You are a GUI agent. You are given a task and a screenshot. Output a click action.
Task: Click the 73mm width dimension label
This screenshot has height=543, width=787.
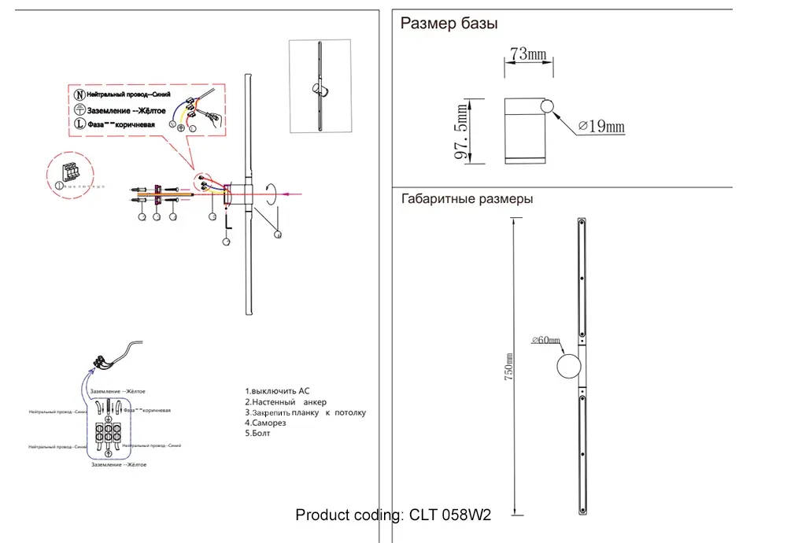click(528, 54)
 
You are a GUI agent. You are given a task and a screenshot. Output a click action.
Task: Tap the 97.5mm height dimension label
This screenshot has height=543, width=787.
click(463, 131)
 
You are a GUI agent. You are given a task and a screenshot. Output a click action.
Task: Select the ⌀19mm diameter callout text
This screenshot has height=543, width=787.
click(600, 127)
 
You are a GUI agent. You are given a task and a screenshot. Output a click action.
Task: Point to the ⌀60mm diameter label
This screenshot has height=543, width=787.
click(545, 340)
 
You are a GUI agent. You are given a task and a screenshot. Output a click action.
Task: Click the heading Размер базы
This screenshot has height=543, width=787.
click(449, 24)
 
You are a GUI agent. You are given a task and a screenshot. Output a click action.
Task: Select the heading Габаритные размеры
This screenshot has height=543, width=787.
click(467, 199)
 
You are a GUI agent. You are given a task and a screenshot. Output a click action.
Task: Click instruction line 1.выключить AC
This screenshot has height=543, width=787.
click(278, 391)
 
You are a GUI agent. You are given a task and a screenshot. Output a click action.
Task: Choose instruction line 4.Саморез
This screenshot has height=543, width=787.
click(265, 423)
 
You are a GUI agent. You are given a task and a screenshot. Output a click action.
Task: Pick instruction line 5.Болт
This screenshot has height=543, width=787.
click(258, 434)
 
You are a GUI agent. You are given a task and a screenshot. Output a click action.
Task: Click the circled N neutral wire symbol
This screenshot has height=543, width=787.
click(79, 94)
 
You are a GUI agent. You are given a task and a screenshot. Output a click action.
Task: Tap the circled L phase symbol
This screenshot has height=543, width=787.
click(79, 124)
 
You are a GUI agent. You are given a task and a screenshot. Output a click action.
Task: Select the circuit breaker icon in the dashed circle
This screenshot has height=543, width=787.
click(72, 171)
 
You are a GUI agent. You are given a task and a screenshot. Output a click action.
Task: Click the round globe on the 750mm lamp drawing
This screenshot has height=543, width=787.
click(568, 367)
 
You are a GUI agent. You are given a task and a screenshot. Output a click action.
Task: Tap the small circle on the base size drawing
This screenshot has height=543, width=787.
click(547, 107)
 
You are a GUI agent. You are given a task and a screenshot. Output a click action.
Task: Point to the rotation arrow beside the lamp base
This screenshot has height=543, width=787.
click(272, 193)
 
